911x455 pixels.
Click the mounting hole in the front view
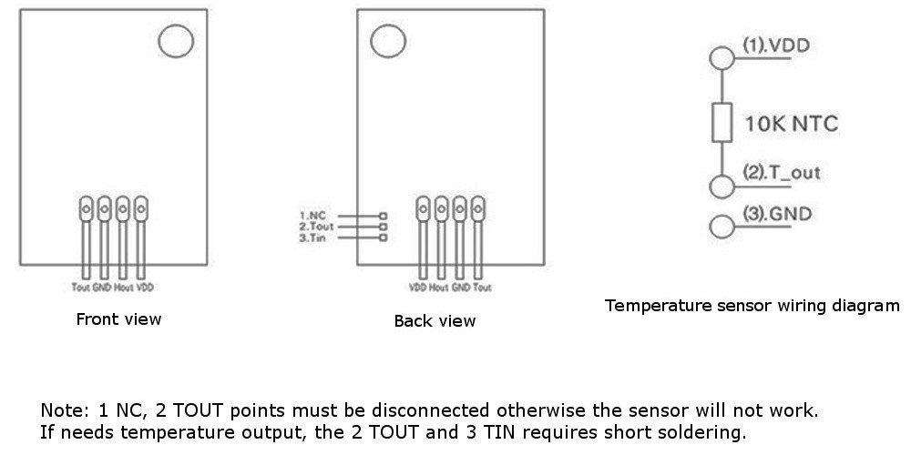click(x=175, y=42)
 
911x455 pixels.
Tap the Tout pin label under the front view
click(x=80, y=288)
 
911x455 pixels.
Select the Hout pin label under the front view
click(x=121, y=288)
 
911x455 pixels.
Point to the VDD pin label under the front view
click(x=144, y=288)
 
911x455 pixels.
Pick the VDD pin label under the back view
click(x=418, y=288)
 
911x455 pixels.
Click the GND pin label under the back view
click(x=461, y=288)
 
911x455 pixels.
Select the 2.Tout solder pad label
click(x=315, y=227)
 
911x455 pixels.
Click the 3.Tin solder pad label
click(x=312, y=238)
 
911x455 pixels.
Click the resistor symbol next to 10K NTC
click(x=722, y=123)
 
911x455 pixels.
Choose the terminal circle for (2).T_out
click(x=722, y=187)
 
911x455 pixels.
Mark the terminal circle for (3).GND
click(x=722, y=226)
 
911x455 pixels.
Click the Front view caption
click(x=118, y=319)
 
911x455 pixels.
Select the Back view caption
click(x=435, y=321)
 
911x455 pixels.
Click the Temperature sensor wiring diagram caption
click(x=752, y=306)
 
